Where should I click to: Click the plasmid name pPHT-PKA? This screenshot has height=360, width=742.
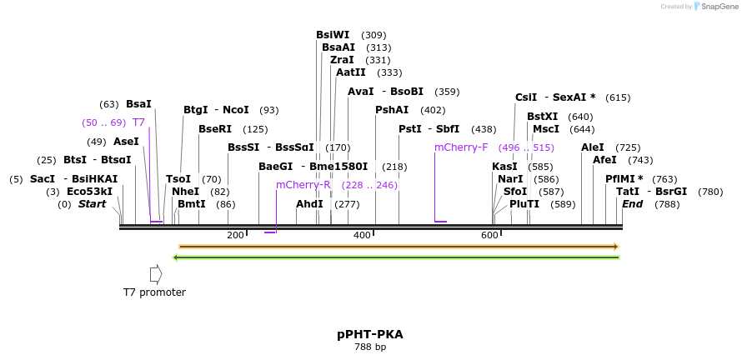[x=369, y=334]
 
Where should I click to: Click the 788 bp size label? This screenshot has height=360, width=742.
[x=369, y=347]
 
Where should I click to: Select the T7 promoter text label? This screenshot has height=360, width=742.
[x=154, y=292]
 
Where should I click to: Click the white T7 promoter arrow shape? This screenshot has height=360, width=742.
[x=155, y=273]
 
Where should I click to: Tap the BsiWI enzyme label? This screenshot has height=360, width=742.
[x=333, y=35]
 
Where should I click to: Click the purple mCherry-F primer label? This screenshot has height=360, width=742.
[x=461, y=147]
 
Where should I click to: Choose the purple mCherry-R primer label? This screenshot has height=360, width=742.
[x=303, y=185]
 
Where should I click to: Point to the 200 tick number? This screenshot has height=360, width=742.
[x=235, y=236]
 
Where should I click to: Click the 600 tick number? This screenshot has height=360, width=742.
[x=489, y=236]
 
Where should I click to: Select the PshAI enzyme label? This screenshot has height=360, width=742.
[x=392, y=110]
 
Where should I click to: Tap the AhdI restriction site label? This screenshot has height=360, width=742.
[x=309, y=204]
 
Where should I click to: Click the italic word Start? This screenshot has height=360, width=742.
[x=92, y=204]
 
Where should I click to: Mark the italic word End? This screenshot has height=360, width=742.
[x=632, y=204]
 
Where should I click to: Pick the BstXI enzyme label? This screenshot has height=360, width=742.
[x=542, y=117]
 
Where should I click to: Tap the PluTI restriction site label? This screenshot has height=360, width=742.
[x=524, y=204]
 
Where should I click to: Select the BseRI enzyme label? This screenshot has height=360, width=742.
[x=216, y=129]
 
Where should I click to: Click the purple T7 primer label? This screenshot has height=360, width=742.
[x=138, y=122]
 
